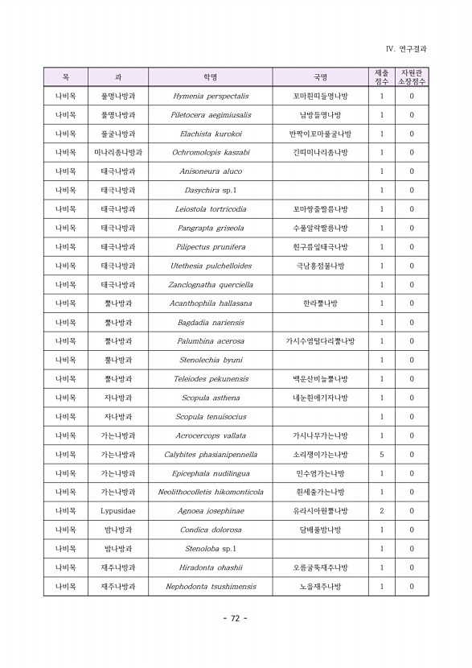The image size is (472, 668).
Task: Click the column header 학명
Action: [x=211, y=77]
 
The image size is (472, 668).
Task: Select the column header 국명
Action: [x=320, y=77]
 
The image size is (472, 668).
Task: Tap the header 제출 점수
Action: [x=381, y=77]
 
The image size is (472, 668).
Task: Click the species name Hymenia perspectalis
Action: [x=211, y=97]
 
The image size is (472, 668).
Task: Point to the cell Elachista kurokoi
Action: [x=211, y=134]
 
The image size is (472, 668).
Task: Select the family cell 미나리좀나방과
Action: [x=118, y=153]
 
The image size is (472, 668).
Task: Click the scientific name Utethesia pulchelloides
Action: [x=211, y=266]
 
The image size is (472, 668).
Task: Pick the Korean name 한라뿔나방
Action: [x=320, y=303]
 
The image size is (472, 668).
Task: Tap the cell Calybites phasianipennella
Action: [x=211, y=454]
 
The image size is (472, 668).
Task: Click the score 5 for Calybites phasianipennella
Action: [x=381, y=454]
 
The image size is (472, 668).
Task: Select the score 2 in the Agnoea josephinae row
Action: [x=381, y=511]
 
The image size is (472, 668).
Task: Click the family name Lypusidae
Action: [x=118, y=511]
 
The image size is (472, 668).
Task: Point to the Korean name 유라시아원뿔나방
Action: [x=320, y=511]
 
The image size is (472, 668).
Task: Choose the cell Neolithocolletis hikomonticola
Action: [x=211, y=492]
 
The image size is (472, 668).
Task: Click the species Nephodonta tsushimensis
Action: [x=211, y=587]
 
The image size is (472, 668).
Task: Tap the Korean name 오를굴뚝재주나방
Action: [x=320, y=567]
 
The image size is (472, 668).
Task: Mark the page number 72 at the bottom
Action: [x=236, y=618]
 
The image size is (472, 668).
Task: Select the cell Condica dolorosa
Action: [x=211, y=530]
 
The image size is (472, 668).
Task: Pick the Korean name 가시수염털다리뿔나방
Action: [x=320, y=341]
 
